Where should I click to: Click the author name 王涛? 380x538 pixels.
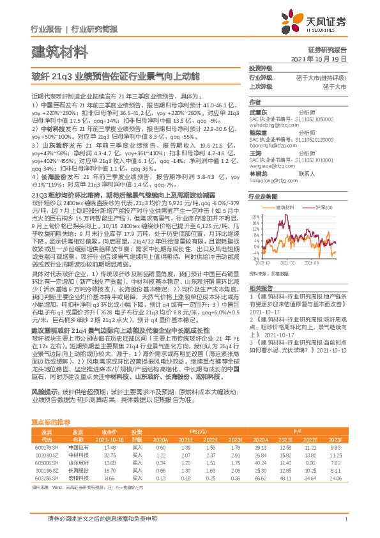pyautogui.click(x=255, y=153)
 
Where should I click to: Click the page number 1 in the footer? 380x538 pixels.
pyautogui.click(x=346, y=519)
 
